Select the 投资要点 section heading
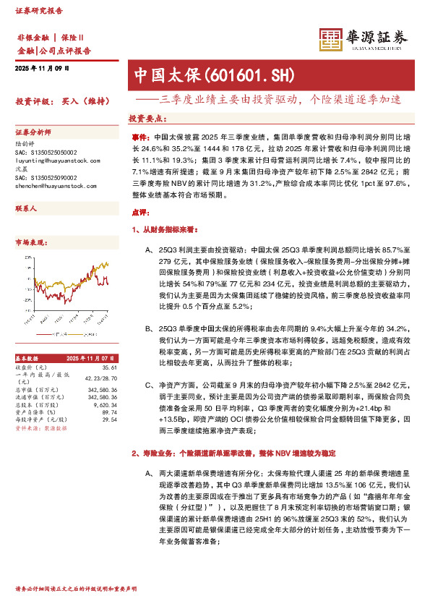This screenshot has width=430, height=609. (147, 117)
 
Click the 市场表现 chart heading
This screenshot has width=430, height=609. (31, 242)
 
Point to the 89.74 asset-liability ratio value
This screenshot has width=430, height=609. (108, 412)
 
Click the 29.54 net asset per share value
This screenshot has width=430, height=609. (108, 419)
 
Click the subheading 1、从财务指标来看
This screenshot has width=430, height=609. (168, 229)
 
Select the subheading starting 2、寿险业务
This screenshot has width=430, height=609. (234, 453)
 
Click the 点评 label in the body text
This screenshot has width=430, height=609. (140, 213)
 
